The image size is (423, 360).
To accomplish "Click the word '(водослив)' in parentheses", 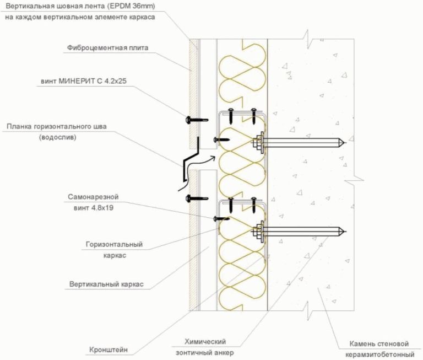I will click(58, 138).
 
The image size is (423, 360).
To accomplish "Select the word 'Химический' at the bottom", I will click(205, 342).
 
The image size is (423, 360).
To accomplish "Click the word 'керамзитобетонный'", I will click(380, 353).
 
